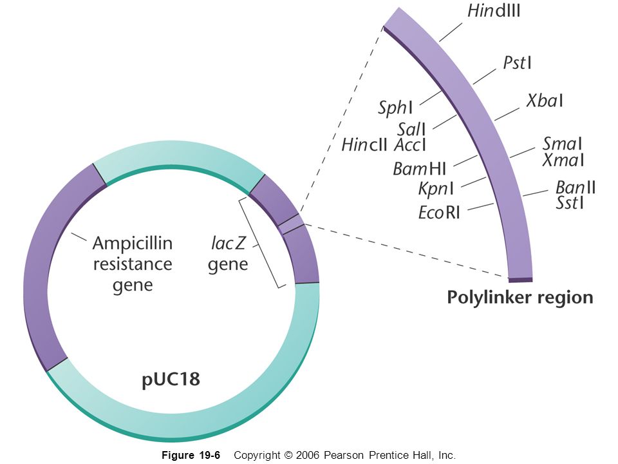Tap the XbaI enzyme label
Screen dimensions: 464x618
(545, 101)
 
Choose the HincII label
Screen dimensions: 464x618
(364, 144)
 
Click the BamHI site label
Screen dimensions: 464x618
(419, 169)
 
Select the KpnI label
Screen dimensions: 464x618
(436, 189)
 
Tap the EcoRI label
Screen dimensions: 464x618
(439, 212)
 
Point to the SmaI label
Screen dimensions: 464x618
(562, 143)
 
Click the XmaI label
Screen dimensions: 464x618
(563, 159)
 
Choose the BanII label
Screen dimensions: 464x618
(575, 188)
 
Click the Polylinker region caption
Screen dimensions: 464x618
(520, 298)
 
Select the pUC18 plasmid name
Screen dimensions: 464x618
(171, 380)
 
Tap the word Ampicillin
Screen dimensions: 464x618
(133, 244)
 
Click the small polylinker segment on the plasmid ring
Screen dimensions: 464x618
(290, 223)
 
